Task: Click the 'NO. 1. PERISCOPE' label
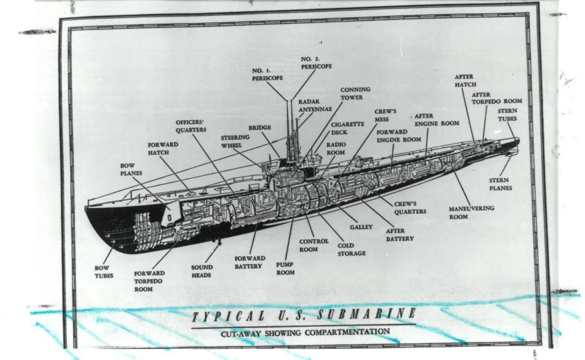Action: (x=267, y=74)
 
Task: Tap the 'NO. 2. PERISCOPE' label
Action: (x=316, y=62)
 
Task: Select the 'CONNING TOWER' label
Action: (x=355, y=93)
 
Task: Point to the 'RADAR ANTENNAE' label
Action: (x=315, y=105)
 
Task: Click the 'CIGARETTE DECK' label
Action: (x=347, y=128)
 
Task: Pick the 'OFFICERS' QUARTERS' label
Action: (x=191, y=126)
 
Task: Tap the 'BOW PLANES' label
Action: (x=131, y=169)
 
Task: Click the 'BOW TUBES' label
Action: (x=104, y=272)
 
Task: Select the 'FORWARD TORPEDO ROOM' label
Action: (x=149, y=281)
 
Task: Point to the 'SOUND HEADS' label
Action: (x=202, y=271)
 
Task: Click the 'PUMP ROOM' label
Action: (x=285, y=268)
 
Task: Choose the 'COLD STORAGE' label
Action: (x=352, y=249)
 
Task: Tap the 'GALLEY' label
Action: (x=361, y=227)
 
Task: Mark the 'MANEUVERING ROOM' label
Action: (x=471, y=212)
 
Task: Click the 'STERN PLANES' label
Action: (x=501, y=184)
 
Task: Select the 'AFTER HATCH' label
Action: (x=465, y=80)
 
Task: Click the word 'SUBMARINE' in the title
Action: (x=367, y=314)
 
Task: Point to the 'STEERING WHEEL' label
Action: (x=235, y=141)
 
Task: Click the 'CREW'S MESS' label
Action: (x=386, y=115)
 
